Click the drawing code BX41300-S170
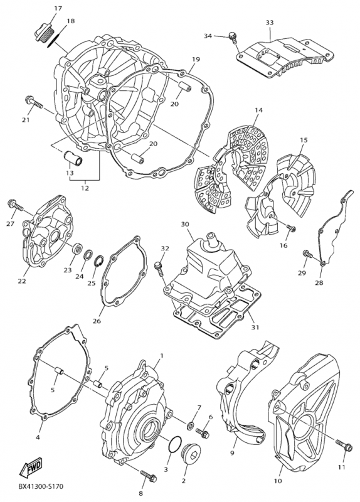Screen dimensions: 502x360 (40, 486)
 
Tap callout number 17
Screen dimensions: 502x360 (58, 8)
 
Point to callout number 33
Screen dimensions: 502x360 (269, 23)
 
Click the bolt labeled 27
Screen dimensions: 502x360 (14, 205)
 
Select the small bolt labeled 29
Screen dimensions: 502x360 (307, 254)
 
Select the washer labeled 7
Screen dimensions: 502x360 (190, 419)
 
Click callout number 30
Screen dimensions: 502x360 (184, 224)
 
